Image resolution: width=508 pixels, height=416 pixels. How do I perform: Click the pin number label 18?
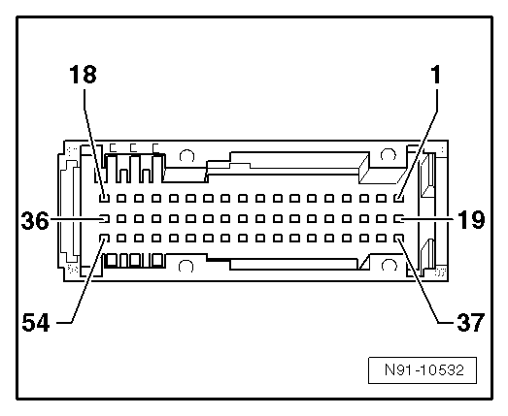[83, 75]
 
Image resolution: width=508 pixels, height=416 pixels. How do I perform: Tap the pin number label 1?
[436, 75]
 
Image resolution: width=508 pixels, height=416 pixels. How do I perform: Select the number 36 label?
[35, 221]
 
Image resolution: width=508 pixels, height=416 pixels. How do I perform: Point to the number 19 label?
[471, 219]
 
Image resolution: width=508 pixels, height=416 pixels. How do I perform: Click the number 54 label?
[36, 323]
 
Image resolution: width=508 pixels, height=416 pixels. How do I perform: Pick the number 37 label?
[470, 322]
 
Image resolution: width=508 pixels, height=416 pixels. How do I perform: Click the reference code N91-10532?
[424, 369]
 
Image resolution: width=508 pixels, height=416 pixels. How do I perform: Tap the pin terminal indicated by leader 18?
[104, 198]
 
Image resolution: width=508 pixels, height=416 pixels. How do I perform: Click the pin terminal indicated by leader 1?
[398, 198]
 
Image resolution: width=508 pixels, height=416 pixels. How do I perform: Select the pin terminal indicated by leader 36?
[104, 219]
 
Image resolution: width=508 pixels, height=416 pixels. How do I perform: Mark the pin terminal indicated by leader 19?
[398, 219]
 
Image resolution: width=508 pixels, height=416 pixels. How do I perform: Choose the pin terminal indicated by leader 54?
[104, 239]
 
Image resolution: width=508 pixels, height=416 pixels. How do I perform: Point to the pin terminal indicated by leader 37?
[398, 239]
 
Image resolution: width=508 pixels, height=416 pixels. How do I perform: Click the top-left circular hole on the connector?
[186, 155]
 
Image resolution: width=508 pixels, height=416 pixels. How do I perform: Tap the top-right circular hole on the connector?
[388, 154]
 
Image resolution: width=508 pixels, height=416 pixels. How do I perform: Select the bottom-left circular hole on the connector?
[186, 266]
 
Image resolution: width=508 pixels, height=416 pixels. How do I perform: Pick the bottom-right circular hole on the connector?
[389, 265]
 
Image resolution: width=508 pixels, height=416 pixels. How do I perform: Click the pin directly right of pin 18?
[121, 198]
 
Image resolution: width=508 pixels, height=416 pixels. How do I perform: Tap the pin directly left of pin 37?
[382, 239]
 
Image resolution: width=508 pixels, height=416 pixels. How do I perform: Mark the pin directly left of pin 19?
[382, 219]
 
